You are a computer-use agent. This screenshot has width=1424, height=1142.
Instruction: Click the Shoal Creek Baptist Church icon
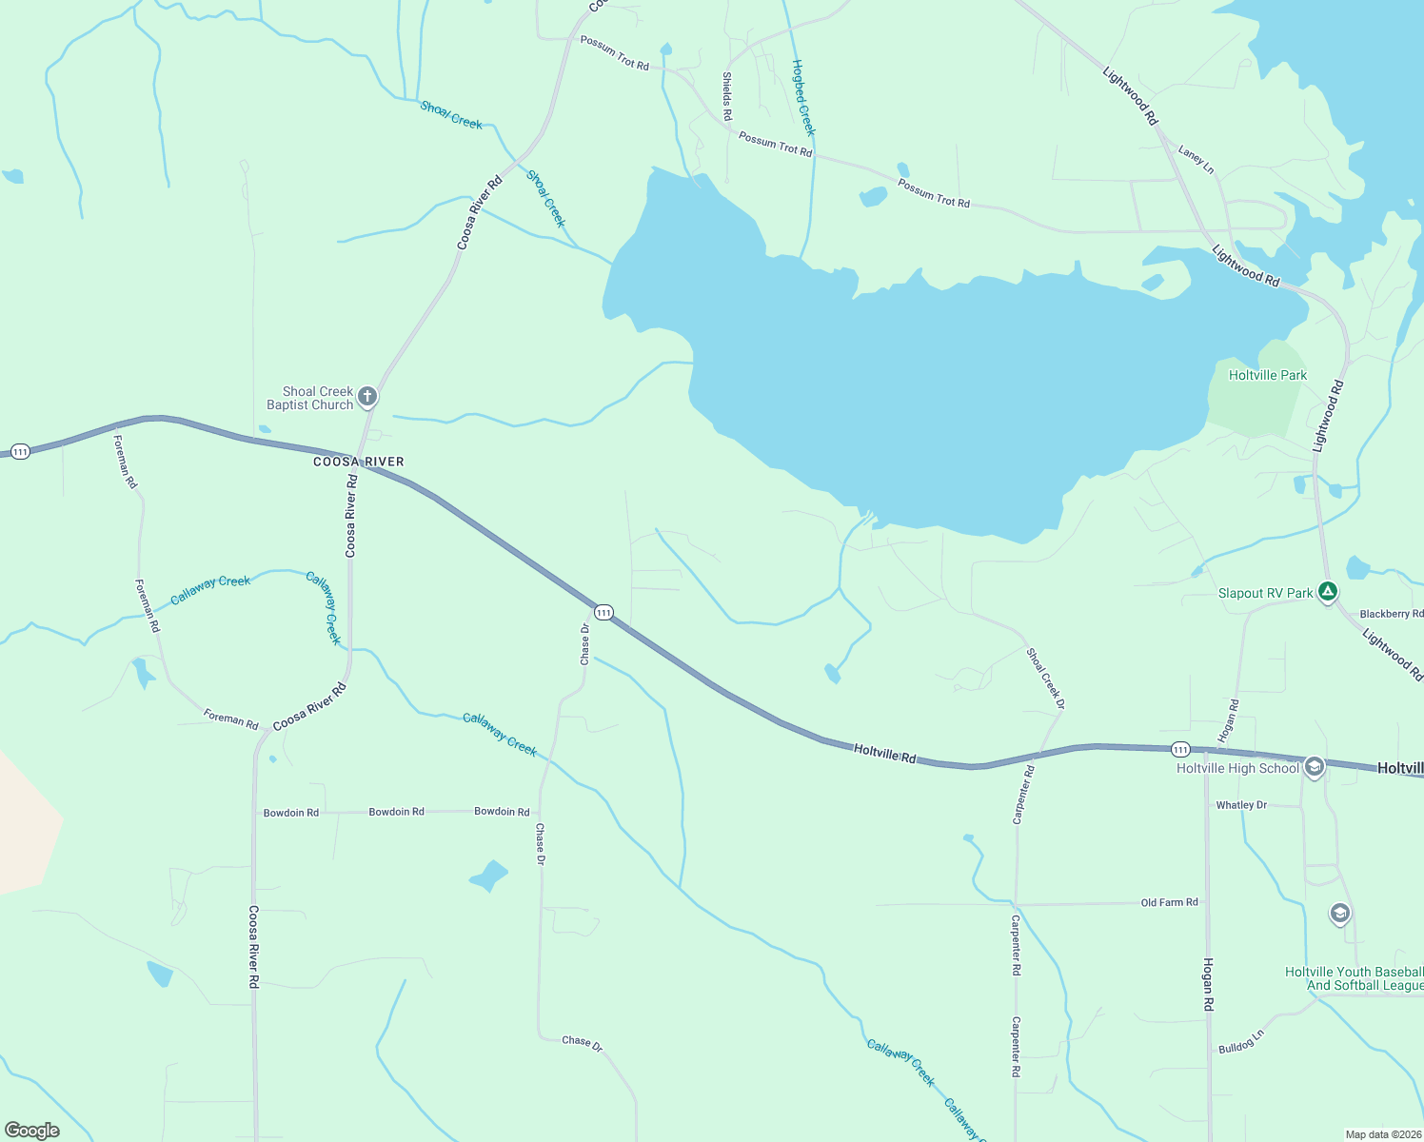click(367, 397)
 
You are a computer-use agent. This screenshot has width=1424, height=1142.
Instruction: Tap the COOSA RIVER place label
click(359, 462)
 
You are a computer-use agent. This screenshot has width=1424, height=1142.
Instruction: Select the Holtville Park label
click(1267, 375)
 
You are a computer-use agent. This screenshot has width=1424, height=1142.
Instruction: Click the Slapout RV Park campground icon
click(1328, 592)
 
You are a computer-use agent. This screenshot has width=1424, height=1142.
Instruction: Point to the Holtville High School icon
click(1315, 767)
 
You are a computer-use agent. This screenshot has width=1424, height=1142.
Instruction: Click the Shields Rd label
click(727, 96)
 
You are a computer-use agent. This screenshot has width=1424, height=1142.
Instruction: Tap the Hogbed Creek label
click(803, 97)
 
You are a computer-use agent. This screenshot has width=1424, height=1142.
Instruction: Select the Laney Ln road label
click(1196, 159)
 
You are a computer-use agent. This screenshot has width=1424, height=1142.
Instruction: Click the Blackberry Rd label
click(1391, 614)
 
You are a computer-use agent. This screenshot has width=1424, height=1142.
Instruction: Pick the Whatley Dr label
click(1241, 805)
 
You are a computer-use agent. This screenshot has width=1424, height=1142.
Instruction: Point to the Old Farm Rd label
click(1169, 902)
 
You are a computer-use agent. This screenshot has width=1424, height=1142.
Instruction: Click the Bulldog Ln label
click(1241, 1042)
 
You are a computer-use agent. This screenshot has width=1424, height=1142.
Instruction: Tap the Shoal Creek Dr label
click(1045, 679)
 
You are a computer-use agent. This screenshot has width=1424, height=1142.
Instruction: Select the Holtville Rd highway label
click(884, 755)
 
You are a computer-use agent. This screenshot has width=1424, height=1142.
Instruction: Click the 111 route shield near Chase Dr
click(603, 612)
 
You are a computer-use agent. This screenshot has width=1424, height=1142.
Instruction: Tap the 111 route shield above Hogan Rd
click(1180, 750)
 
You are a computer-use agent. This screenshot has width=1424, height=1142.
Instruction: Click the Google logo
click(32, 1130)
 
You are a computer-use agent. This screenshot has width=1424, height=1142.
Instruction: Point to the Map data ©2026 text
click(1382, 1134)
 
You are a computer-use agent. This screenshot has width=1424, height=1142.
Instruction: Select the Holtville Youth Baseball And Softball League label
click(1353, 978)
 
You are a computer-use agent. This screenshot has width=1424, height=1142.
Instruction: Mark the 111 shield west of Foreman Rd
click(20, 451)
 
